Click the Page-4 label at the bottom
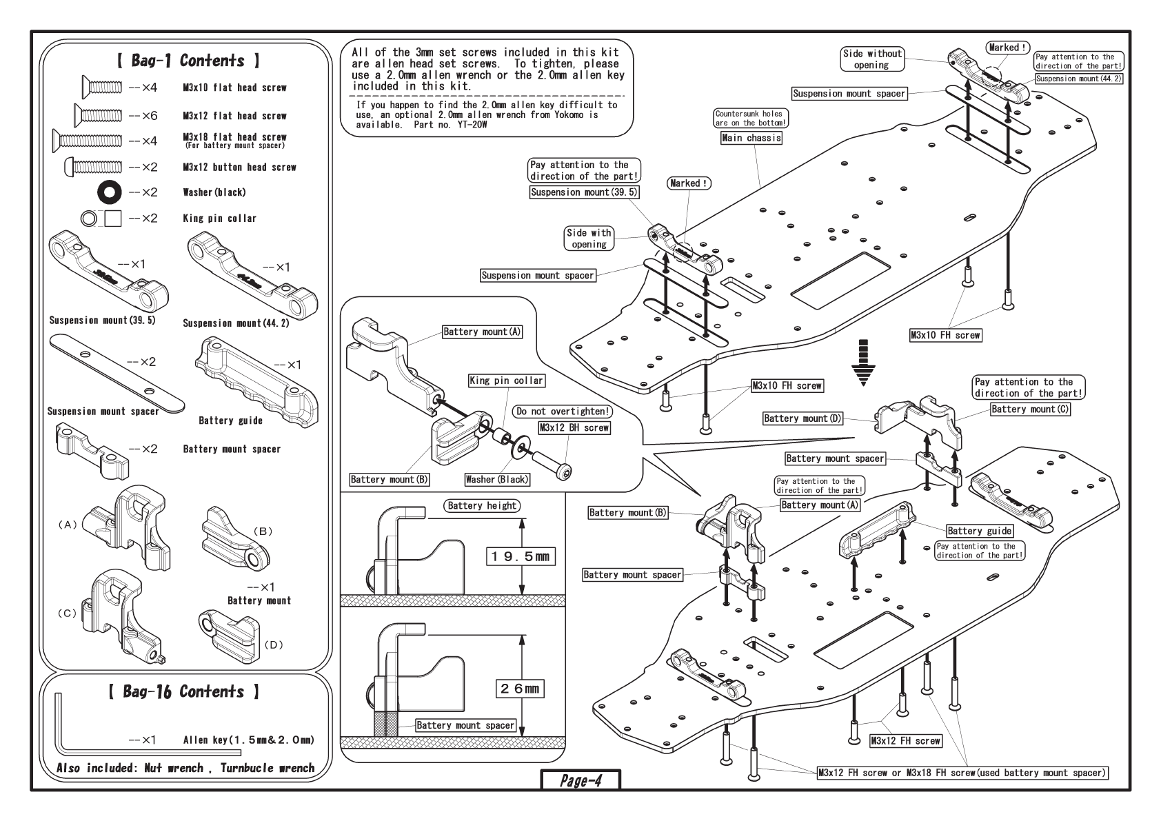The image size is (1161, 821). [580, 781]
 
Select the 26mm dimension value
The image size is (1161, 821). [520, 688]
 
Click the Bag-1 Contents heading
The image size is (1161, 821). [188, 61]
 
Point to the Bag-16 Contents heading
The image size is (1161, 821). [184, 691]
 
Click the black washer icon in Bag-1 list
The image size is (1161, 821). [110, 192]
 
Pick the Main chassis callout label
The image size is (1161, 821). [751, 138]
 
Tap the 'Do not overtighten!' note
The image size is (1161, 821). [563, 412]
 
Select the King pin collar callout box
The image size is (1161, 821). [507, 381]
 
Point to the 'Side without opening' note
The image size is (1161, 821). [872, 59]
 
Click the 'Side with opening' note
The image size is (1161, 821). [589, 239]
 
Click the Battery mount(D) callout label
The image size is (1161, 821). [802, 418]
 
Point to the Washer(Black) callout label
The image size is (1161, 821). [497, 479]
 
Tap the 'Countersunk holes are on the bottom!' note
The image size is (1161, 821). [751, 118]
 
